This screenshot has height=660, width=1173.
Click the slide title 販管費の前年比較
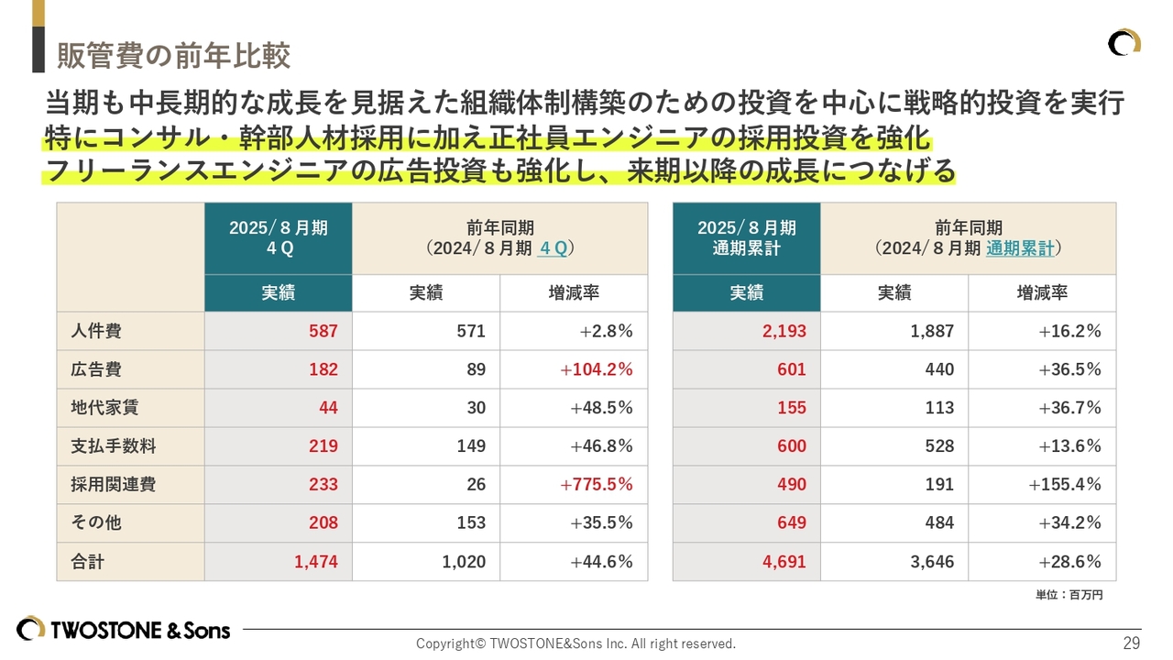174,56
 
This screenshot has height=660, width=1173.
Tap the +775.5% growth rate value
596,484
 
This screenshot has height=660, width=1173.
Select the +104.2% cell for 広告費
596,369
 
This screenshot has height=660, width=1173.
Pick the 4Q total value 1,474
316,562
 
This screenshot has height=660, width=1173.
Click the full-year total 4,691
784,562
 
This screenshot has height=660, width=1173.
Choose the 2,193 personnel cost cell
784,331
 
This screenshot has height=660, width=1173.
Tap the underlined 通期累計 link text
1021,248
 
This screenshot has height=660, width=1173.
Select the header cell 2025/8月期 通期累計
746,238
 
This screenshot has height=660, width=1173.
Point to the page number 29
1132,643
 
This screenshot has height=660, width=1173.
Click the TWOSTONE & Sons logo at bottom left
124,630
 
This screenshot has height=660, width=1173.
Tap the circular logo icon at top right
1124,43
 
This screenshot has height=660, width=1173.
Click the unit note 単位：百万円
1069,595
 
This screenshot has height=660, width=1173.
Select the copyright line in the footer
576,643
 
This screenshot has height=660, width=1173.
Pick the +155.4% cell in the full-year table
1064,484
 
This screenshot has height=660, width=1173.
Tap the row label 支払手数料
114,446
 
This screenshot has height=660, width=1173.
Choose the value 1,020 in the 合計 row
464,562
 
